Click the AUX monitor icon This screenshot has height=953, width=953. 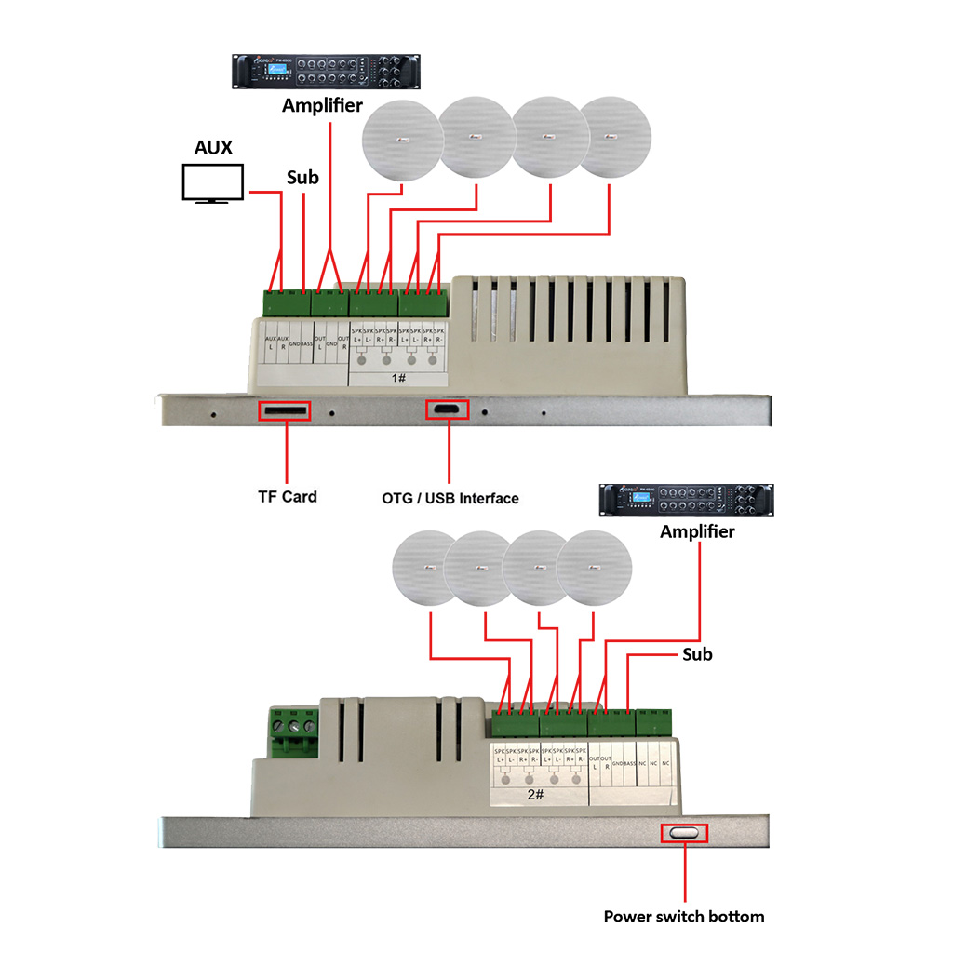[x=212, y=183]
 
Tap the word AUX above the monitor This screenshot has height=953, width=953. [x=213, y=148]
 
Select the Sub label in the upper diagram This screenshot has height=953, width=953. [x=302, y=177]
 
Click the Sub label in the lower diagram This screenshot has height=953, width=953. [x=697, y=654]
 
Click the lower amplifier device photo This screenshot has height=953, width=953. [x=686, y=502]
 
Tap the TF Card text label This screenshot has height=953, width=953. [x=287, y=497]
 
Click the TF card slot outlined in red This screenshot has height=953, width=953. [x=284, y=410]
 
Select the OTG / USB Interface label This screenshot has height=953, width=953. [x=450, y=498]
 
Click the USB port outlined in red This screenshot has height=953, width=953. [x=449, y=409]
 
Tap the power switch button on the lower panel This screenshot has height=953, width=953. [x=684, y=833]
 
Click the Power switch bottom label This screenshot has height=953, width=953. [x=684, y=917]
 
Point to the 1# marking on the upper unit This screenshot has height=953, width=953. [x=399, y=379]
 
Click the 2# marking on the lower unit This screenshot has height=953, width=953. [x=535, y=796]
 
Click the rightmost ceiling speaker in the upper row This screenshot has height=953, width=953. [x=618, y=138]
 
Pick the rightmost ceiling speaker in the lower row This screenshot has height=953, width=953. [x=596, y=570]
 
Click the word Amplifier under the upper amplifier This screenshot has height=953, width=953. [x=322, y=105]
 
